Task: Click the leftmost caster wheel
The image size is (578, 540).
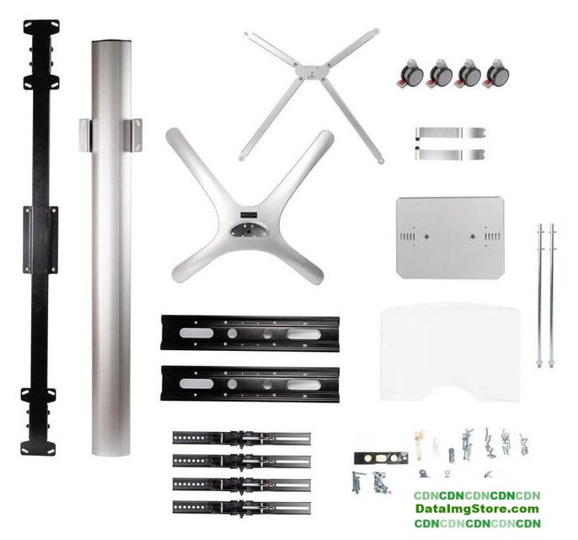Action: click(x=410, y=73)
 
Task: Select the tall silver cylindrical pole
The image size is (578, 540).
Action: click(x=111, y=247)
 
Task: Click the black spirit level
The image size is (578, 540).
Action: click(x=381, y=458)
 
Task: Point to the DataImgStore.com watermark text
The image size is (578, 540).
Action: click(x=477, y=509)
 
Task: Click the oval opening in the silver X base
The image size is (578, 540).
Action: click(x=248, y=230)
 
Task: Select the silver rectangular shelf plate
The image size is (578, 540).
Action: click(x=450, y=237)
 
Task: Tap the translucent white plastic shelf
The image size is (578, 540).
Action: click(x=451, y=352)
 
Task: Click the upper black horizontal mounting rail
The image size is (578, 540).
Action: click(x=250, y=333)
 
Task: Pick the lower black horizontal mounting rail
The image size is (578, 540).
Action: click(x=250, y=384)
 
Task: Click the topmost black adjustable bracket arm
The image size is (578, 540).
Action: click(x=242, y=438)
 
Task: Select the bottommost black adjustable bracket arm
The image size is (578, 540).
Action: click(x=242, y=507)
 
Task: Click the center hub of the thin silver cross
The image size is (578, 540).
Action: click(x=312, y=71)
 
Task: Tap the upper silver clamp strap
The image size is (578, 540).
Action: click(x=451, y=132)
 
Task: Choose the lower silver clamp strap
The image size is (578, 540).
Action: click(x=451, y=154)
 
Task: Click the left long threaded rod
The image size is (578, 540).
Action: click(x=540, y=295)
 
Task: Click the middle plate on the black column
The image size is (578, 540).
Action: click(x=40, y=240)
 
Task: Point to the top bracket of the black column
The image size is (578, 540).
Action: click(x=41, y=28)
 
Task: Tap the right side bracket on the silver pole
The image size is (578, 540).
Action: click(x=133, y=135)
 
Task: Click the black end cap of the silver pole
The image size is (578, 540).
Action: click(x=111, y=41)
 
